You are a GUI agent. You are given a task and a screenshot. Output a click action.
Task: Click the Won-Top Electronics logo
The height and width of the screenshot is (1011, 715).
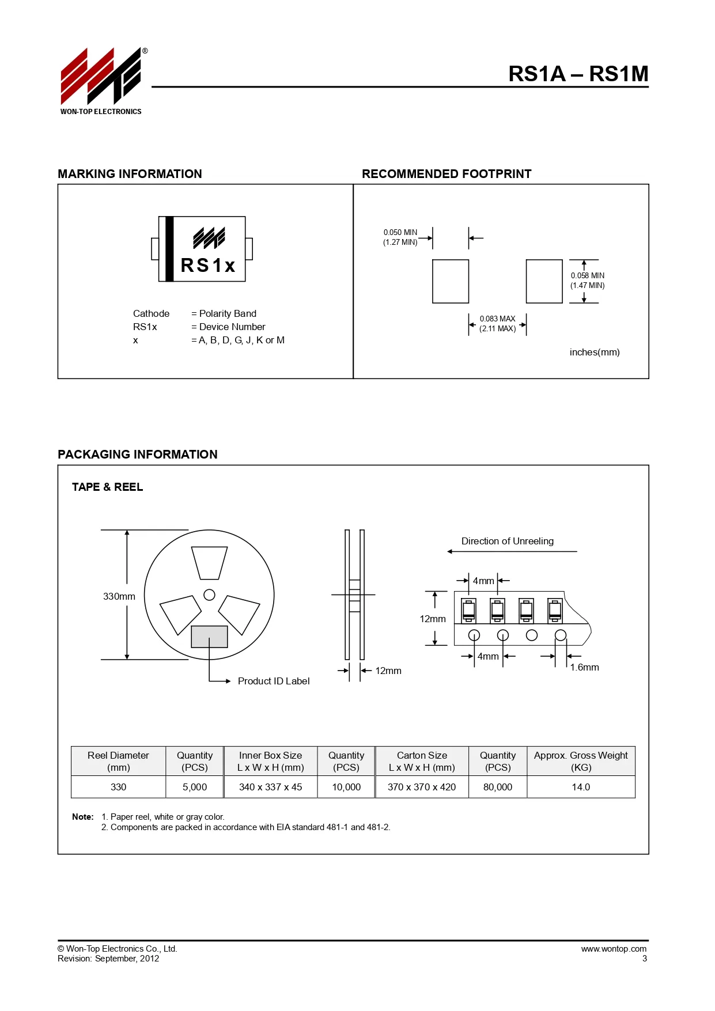coord(101,81)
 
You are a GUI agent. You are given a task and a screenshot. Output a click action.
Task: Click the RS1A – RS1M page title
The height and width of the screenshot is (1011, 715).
coord(578,74)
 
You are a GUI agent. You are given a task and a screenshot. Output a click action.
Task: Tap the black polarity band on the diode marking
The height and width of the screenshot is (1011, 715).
coord(169,249)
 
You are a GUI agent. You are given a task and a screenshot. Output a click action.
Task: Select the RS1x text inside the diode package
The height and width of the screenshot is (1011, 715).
coord(208,265)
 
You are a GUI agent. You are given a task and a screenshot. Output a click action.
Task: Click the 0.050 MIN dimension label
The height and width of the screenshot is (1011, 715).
coord(400,233)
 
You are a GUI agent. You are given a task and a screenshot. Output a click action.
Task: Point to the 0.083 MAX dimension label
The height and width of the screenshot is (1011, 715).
coord(498,319)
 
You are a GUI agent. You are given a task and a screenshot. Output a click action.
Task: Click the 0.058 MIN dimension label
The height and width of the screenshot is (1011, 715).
coord(588,275)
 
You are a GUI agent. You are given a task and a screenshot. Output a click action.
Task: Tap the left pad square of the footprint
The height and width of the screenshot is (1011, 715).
coord(451,281)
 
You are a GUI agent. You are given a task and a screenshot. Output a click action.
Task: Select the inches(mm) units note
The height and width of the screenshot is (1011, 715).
coord(595,352)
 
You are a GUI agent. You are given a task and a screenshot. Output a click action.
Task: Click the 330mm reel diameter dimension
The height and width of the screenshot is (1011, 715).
coord(119,596)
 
